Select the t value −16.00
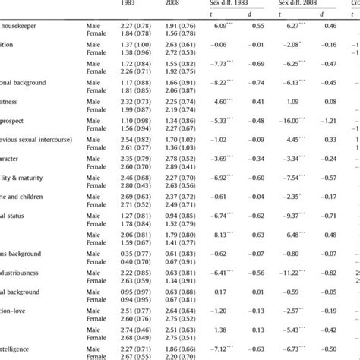point(295,120)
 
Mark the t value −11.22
point(295,272)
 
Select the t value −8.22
point(222,82)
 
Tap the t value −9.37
point(295,215)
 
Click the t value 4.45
point(295,139)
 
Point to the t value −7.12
point(222,348)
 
